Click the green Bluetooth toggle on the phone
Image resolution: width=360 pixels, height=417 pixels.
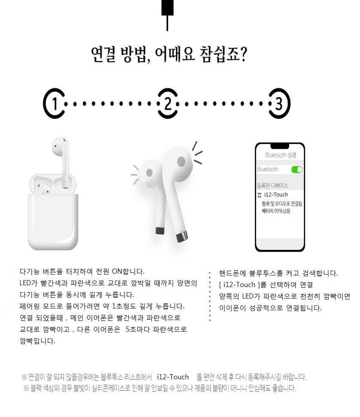pos(297,169)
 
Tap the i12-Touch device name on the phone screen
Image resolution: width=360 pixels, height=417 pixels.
pos(276,195)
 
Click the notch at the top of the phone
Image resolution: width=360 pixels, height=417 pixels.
pos(280,146)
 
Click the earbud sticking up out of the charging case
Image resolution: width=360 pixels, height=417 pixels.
pos(62,162)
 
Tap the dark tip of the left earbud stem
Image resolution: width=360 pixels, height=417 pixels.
pos(160,230)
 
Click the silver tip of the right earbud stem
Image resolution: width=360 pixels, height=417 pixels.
pos(182,237)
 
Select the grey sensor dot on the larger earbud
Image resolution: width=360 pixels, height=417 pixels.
pos(181,161)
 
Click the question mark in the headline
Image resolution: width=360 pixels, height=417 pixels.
pos(243,54)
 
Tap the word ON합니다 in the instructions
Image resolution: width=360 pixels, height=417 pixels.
pos(128,272)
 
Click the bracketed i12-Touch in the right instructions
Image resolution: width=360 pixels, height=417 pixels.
pos(239,285)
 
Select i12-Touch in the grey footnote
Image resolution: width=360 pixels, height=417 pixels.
pos(172,377)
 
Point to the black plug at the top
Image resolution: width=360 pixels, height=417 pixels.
pos(167,7)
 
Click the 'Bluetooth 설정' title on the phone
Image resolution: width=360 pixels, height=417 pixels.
pos(281,155)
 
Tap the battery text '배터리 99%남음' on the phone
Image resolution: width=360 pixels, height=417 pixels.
pos(276,211)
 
